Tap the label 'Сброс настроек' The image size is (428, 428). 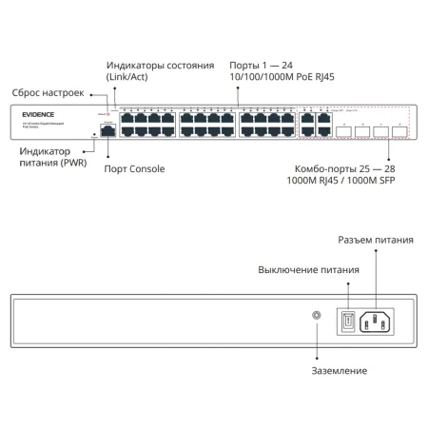point(48,93)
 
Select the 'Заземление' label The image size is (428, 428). point(338,371)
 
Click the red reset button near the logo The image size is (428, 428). point(109,114)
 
